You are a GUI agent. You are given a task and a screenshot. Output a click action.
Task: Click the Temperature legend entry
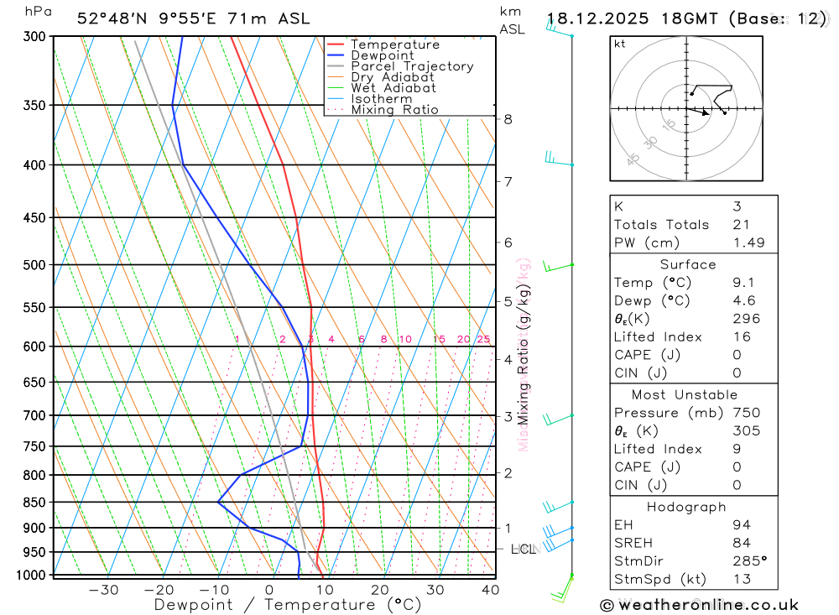[x=394, y=44]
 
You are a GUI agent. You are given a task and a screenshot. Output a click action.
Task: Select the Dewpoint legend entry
[x=382, y=55]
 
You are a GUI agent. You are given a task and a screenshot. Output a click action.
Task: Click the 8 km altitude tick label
[x=508, y=119]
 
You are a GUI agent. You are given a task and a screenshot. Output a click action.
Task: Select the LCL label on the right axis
[x=523, y=550]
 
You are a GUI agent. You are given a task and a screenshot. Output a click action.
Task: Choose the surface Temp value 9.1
[x=742, y=283]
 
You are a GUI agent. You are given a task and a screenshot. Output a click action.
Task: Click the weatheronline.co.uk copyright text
[x=699, y=605]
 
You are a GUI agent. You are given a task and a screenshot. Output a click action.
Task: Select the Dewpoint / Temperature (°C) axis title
[x=288, y=605]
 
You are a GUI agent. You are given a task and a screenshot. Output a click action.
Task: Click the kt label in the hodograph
[x=620, y=44]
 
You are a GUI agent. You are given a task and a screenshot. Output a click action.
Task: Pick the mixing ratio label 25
[x=483, y=339]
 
